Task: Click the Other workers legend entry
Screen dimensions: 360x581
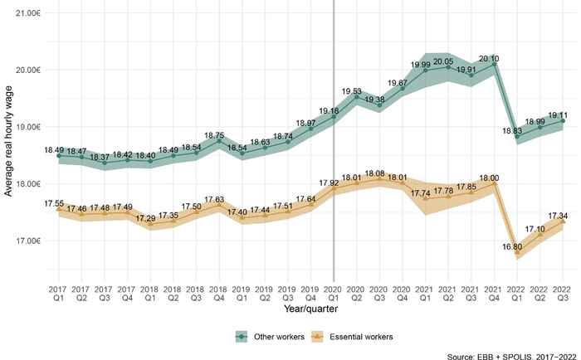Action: pyautogui.click(x=268, y=336)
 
